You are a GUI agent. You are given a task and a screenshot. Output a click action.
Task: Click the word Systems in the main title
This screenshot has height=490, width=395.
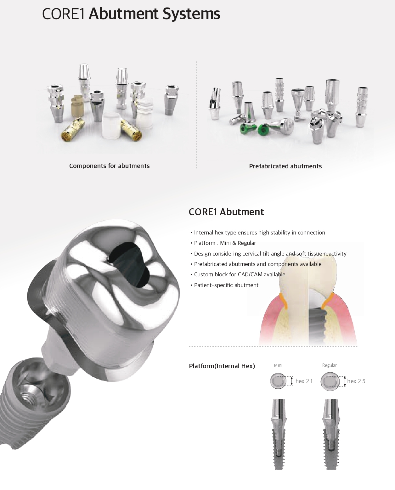[191, 14]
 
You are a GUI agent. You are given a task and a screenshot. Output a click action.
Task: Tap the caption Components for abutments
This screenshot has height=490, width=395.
[109, 166]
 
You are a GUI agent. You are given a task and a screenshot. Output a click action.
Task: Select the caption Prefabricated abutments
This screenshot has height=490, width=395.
[285, 166]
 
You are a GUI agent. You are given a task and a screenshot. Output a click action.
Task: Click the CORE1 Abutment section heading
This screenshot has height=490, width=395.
[226, 212]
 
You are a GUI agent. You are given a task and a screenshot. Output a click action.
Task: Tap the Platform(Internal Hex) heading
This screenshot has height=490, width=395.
[222, 366]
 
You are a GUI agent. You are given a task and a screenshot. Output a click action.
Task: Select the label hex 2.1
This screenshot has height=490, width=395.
[304, 381]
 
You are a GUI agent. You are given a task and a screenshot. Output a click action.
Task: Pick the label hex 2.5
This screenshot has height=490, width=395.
[356, 381]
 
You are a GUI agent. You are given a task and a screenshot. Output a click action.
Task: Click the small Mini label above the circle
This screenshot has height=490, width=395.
[278, 365]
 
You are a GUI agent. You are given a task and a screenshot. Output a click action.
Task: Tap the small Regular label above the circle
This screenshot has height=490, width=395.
[329, 365]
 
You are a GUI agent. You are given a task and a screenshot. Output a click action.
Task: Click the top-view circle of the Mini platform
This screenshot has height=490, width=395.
[278, 381]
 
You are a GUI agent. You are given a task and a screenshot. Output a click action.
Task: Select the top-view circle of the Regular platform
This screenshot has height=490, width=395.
[330, 382]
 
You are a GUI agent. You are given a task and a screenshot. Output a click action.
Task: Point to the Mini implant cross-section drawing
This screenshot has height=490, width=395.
[278, 434]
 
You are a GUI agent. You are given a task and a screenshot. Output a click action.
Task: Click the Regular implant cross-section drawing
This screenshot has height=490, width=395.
[331, 434]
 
